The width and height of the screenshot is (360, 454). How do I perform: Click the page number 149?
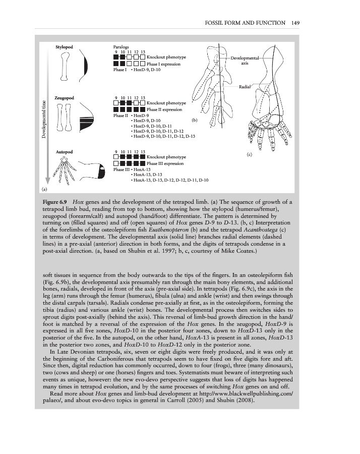coord(295,23)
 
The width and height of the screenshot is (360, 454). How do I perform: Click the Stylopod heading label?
coord(64,47)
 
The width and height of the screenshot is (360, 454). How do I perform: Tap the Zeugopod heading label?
coord(64,98)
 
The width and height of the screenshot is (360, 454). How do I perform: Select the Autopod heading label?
coord(64,152)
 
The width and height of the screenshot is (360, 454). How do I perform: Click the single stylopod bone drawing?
coord(65,66)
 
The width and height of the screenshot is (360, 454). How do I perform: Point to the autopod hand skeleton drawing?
coord(64,171)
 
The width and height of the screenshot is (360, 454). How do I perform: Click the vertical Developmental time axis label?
coord(44,119)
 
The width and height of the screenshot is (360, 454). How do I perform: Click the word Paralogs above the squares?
coord(121,47)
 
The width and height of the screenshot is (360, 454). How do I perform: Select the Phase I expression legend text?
coord(163,64)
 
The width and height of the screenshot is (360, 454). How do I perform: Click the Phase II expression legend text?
coord(164,109)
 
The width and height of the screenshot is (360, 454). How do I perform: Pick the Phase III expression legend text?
coord(165,163)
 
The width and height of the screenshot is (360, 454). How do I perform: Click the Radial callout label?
coord(245,87)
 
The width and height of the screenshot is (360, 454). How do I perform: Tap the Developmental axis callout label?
coord(245,61)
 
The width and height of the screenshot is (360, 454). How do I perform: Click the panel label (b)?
coord(195,120)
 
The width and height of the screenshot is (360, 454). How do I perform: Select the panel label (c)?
coord(250,154)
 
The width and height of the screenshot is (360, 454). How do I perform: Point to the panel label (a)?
coord(44,190)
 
